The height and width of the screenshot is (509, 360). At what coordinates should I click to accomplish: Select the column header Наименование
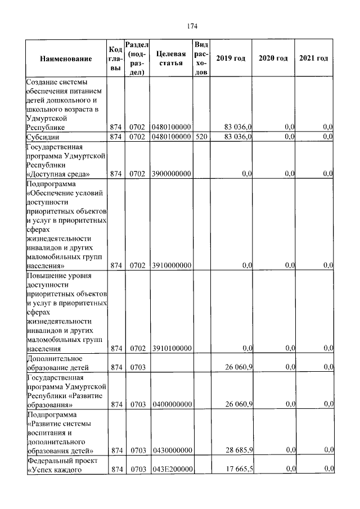pos(66,59)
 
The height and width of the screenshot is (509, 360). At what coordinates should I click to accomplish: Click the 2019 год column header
pos(231,58)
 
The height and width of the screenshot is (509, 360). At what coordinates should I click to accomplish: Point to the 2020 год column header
pos(273,58)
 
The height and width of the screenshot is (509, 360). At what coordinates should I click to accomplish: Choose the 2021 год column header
pos(314,58)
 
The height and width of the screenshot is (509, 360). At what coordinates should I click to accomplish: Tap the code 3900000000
pos(172,174)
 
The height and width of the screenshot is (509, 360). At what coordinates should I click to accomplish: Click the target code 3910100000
pos(172,349)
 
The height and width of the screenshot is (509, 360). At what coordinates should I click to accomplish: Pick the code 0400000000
pos(172,404)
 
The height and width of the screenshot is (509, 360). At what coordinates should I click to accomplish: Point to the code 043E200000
pos(172,469)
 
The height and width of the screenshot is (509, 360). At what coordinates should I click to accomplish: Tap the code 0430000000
pos(172,451)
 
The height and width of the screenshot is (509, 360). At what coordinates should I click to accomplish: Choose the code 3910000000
pos(172,265)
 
